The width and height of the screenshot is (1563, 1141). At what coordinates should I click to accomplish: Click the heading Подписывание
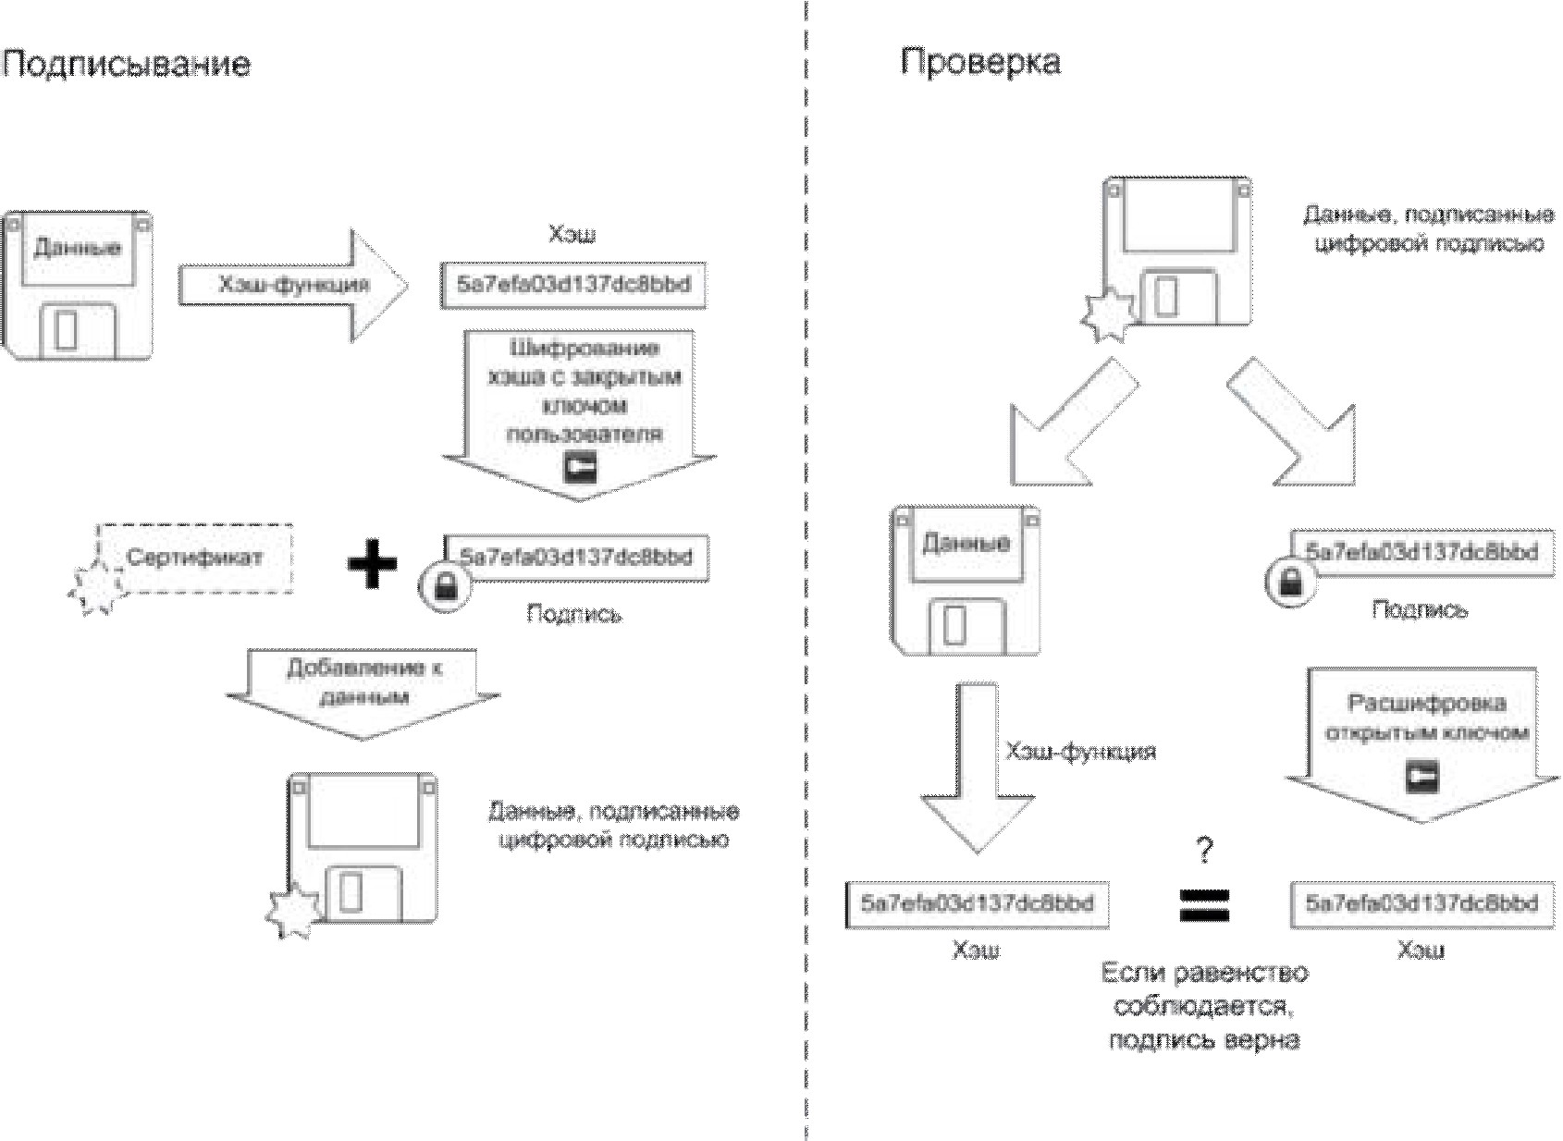pyautogui.click(x=126, y=64)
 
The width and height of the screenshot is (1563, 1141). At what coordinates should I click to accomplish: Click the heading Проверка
pyautogui.click(x=979, y=62)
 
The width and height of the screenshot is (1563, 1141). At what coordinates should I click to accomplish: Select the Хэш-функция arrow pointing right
pyautogui.click(x=293, y=285)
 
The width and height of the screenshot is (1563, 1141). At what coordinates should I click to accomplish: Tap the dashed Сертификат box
pyautogui.click(x=196, y=558)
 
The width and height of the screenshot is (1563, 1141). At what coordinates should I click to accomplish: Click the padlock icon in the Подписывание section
pyautogui.click(x=445, y=586)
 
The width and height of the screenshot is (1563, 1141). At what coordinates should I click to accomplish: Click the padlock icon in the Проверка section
pyautogui.click(x=1291, y=582)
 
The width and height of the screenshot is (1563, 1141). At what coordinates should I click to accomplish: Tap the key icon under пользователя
pyautogui.click(x=580, y=468)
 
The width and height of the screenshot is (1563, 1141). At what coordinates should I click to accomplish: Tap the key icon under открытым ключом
pyautogui.click(x=1421, y=776)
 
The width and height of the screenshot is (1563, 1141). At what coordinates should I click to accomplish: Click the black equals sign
pyautogui.click(x=1204, y=905)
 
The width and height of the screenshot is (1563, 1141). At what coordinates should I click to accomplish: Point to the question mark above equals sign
pyautogui.click(x=1203, y=849)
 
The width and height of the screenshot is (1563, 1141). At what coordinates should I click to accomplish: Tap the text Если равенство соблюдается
pyautogui.click(x=1204, y=989)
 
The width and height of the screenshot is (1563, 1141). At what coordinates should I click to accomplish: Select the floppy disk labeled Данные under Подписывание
pyautogui.click(x=77, y=285)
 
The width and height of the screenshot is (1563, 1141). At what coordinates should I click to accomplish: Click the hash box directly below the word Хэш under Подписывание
pyautogui.click(x=573, y=285)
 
